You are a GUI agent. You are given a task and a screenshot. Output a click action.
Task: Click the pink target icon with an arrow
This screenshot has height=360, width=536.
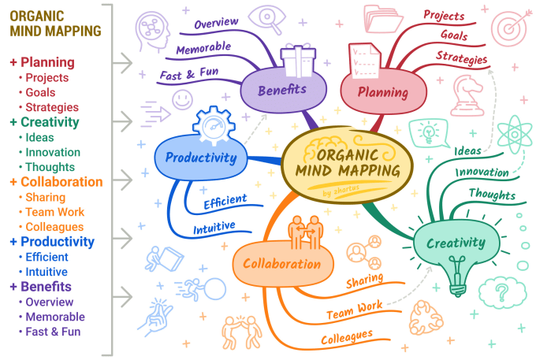(x=508, y=27)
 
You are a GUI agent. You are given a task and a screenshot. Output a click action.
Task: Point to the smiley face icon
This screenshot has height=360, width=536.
(x=183, y=99)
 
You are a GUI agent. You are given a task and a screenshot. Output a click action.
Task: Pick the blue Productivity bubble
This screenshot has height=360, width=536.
(x=201, y=158)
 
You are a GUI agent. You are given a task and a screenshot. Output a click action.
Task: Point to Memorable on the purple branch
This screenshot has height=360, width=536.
(x=203, y=49)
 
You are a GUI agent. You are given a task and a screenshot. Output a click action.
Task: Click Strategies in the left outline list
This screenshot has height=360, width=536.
(x=52, y=107)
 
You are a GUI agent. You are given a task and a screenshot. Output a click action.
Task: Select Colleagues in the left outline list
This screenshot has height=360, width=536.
(x=54, y=227)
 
